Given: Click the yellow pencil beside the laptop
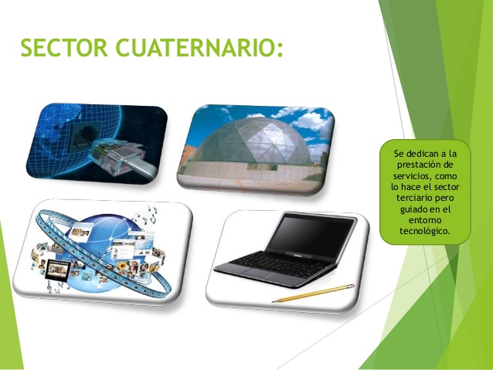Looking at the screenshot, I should (313, 293).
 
